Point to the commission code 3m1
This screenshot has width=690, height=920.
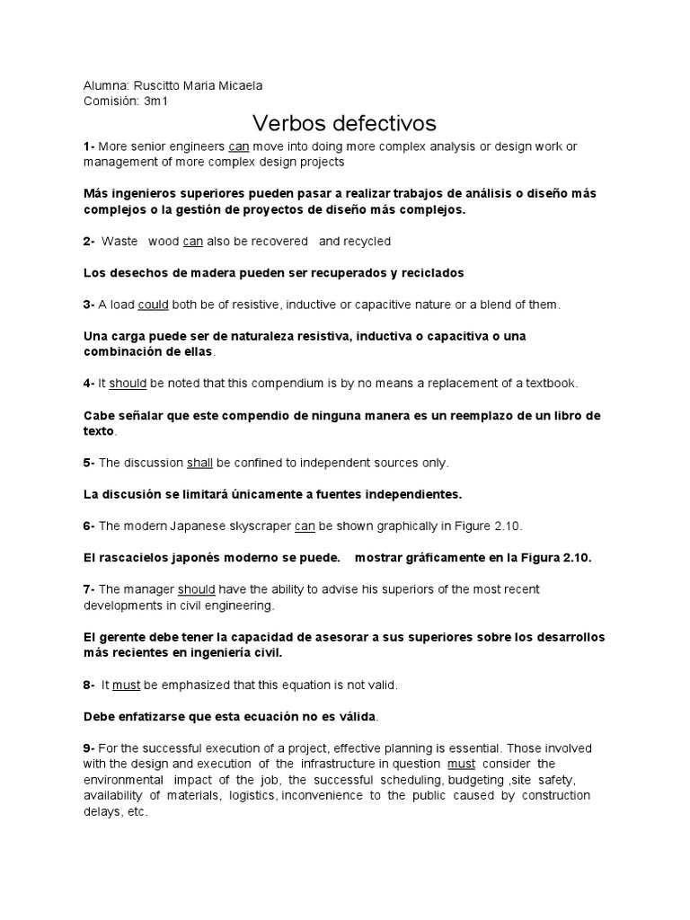click(x=155, y=101)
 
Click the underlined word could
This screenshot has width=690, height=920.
click(x=153, y=305)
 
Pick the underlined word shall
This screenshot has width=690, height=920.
click(x=199, y=463)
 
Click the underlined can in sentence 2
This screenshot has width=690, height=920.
click(x=193, y=241)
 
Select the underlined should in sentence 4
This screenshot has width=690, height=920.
click(x=128, y=384)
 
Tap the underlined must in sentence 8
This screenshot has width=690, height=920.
click(x=126, y=685)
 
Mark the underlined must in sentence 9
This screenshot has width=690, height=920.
click(x=461, y=764)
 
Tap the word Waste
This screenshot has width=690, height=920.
click(x=119, y=241)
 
